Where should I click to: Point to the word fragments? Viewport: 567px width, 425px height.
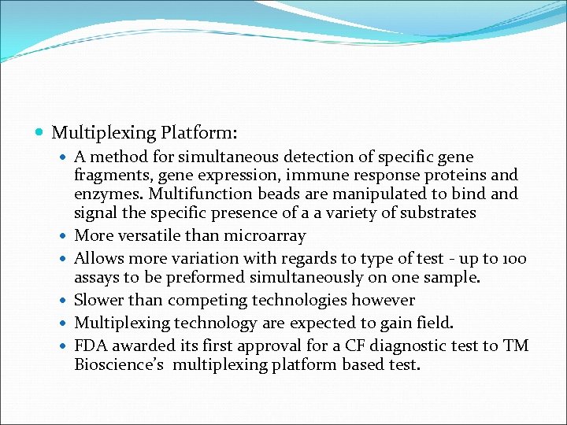coord(108,176)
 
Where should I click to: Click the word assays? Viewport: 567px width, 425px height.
coord(96,278)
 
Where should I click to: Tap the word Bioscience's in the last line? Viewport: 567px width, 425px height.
coord(120,364)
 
